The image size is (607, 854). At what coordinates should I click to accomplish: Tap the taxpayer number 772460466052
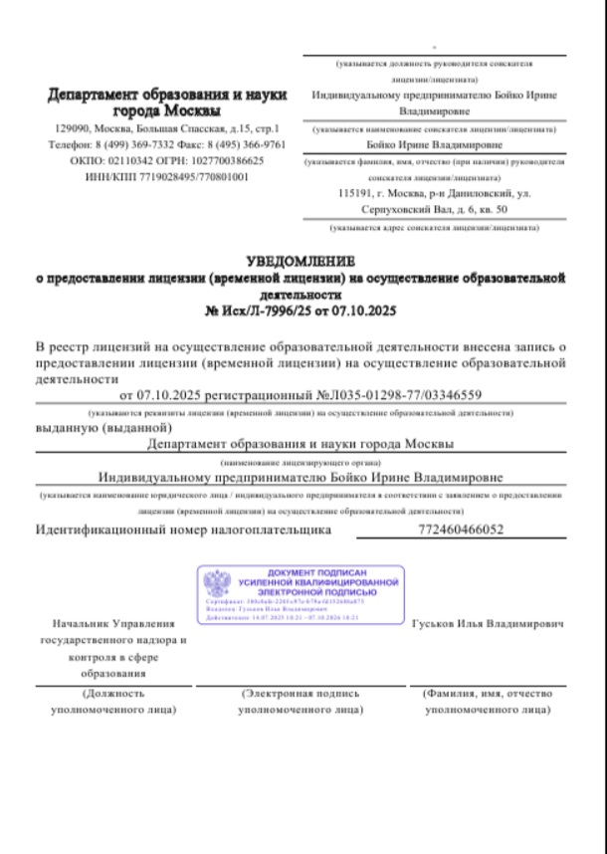(464, 530)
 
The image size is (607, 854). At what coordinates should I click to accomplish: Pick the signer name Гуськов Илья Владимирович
(488, 623)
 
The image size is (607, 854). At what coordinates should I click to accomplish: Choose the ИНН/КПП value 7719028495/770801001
(190, 175)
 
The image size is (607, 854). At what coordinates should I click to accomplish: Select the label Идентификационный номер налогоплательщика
(183, 530)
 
